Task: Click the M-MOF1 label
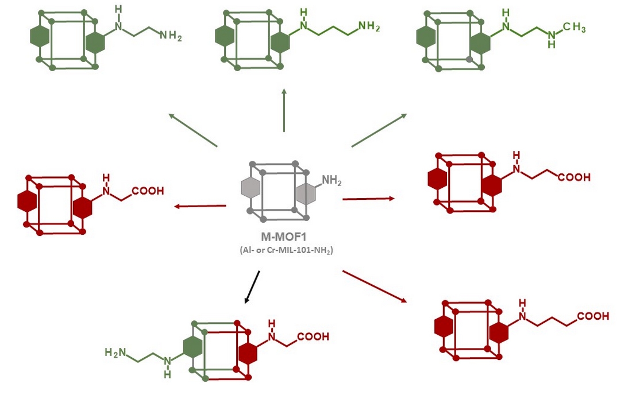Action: pyautogui.click(x=284, y=237)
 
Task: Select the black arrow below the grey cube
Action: pyautogui.click(x=252, y=286)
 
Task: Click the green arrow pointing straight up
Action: pyautogui.click(x=284, y=110)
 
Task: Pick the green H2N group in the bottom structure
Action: pyautogui.click(x=115, y=352)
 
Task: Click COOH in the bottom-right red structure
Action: pyautogui.click(x=593, y=316)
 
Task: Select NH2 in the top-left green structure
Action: pyautogui.click(x=171, y=36)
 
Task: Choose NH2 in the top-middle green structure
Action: pyautogui.click(x=369, y=26)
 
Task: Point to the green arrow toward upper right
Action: pyautogui.click(x=379, y=130)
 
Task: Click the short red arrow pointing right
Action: pyautogui.click(x=368, y=199)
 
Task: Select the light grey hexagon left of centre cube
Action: pyautogui.click(x=250, y=187)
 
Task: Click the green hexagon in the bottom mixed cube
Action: pyautogui.click(x=191, y=347)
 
